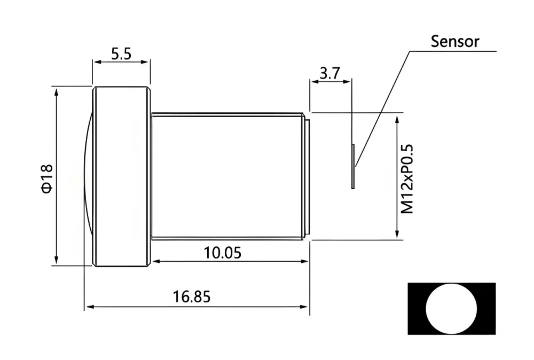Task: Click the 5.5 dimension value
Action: tap(121, 54)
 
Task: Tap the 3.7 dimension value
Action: tap(330, 73)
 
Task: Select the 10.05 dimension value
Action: tap(222, 253)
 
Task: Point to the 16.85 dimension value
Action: tap(192, 296)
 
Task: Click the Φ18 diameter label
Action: tap(47, 178)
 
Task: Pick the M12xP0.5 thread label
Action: tap(407, 179)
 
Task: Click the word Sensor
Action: tap(454, 42)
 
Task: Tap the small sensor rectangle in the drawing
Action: tap(353, 167)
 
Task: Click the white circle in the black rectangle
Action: tap(451, 309)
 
